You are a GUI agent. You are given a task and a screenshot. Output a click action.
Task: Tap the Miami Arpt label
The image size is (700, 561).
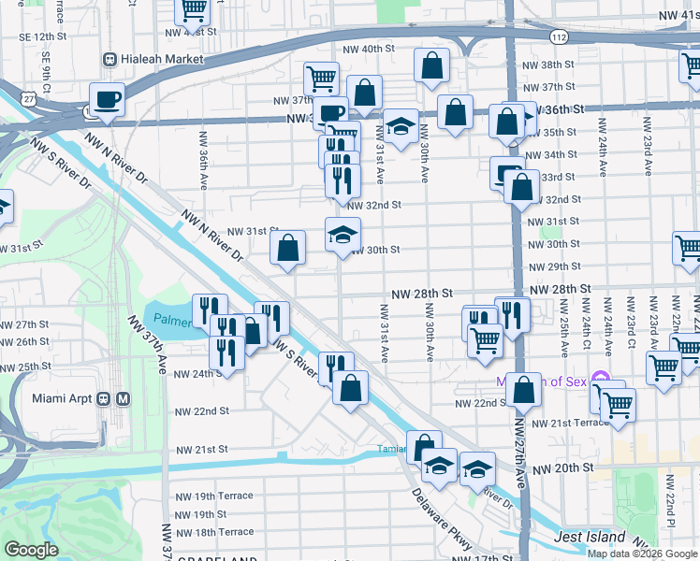point(64,398)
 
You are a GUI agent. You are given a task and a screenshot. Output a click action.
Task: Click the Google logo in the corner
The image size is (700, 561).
point(32,550)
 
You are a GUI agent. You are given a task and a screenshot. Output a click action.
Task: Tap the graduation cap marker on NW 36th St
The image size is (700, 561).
point(401,127)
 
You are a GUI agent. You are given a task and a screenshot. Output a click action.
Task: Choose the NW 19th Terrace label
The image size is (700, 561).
point(211,495)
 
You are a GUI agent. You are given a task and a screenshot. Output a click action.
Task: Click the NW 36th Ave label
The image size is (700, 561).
point(203,156)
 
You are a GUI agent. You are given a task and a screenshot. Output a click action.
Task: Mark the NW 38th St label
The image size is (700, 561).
point(548,65)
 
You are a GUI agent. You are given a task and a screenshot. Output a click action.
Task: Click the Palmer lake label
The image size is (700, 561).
point(172,318)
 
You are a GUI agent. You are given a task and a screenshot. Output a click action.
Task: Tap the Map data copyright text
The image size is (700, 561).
point(642,553)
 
